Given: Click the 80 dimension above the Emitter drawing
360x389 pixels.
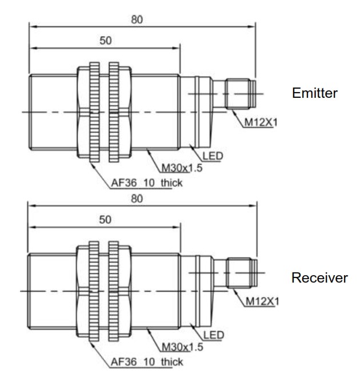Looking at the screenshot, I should click(x=136, y=18).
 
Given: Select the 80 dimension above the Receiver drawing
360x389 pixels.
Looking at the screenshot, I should click(x=136, y=199).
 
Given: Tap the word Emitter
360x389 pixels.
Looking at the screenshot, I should click(x=314, y=93).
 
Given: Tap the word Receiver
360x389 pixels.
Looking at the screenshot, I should click(x=319, y=278).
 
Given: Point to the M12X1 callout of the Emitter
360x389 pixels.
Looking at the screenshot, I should click(x=259, y=122).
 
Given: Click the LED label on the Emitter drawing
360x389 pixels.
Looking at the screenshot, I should click(x=214, y=155).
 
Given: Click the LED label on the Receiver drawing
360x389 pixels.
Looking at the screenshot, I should click(x=214, y=334).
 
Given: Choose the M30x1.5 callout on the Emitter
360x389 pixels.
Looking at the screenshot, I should click(x=181, y=168).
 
